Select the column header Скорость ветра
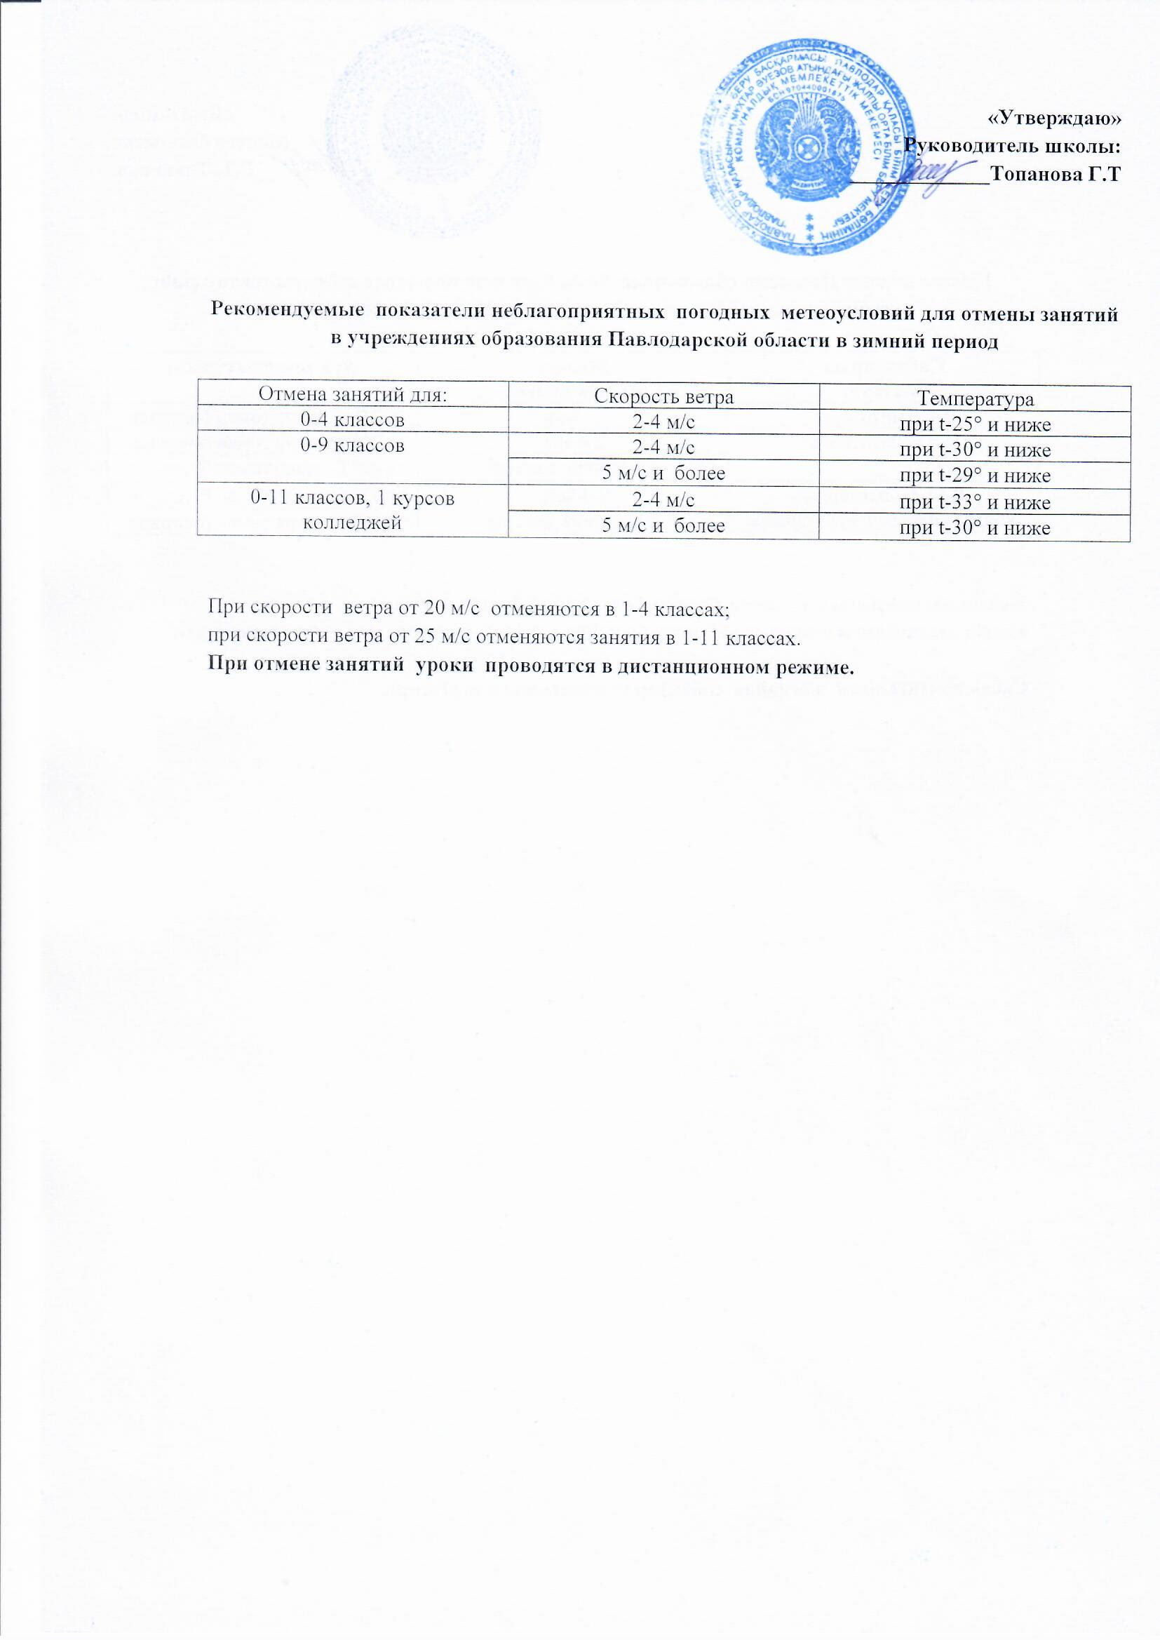tap(663, 397)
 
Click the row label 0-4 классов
tap(352, 420)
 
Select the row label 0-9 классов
tap(352, 445)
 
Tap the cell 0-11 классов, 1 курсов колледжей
tap(352, 510)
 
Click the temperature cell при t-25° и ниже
tap(975, 425)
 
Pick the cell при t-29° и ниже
tap(975, 476)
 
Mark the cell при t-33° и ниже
tap(975, 503)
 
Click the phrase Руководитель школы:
tap(1011, 147)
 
